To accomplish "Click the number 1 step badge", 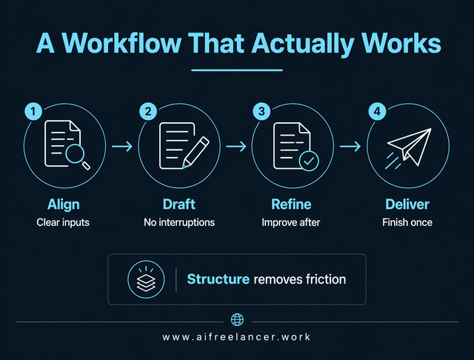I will coord(33,112).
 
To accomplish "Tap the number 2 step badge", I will coord(147,112).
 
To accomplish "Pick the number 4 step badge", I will coord(377,112).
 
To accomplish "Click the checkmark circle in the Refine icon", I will coord(306,159).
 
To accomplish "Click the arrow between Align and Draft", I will coord(121,146).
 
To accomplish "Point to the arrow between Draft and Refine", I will coord(236,146).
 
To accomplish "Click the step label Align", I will coord(64,204).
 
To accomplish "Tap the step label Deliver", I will coord(407,204).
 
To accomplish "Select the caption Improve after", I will coord(292,222).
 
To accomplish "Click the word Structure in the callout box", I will coord(218,280).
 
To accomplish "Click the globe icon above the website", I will coord(237,320).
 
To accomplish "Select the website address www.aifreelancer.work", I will coord(237,337).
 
